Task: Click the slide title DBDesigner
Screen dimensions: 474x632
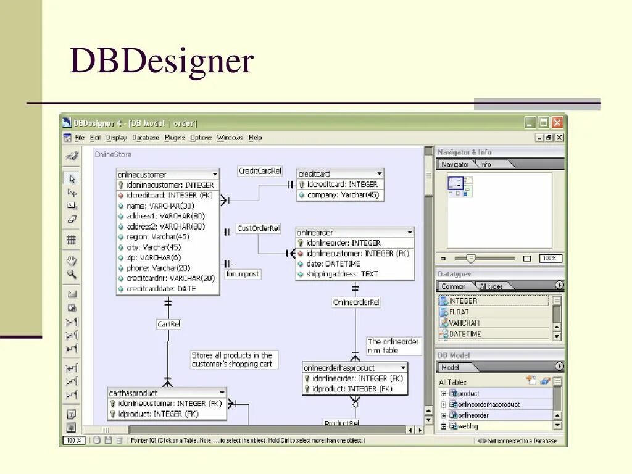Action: (x=162, y=62)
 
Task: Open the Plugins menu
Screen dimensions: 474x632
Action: (x=175, y=138)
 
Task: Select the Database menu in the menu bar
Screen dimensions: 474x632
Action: (x=146, y=138)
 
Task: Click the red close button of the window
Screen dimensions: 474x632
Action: (x=557, y=122)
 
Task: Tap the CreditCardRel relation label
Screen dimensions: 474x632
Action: (x=260, y=171)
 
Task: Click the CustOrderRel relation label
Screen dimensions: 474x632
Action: (x=259, y=228)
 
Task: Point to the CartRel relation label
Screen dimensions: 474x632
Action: (x=168, y=323)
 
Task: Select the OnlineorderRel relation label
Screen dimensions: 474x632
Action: (x=356, y=302)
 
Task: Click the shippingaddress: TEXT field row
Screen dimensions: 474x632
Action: (x=343, y=274)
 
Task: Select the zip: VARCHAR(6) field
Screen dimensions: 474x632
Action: (x=154, y=257)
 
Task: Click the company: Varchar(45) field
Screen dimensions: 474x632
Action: (x=343, y=195)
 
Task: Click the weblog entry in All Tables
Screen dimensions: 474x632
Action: (x=468, y=426)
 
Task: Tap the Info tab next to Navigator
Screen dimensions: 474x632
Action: (x=486, y=164)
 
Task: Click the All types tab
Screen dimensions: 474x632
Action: (x=491, y=286)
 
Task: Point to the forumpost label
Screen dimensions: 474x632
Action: (x=243, y=273)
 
